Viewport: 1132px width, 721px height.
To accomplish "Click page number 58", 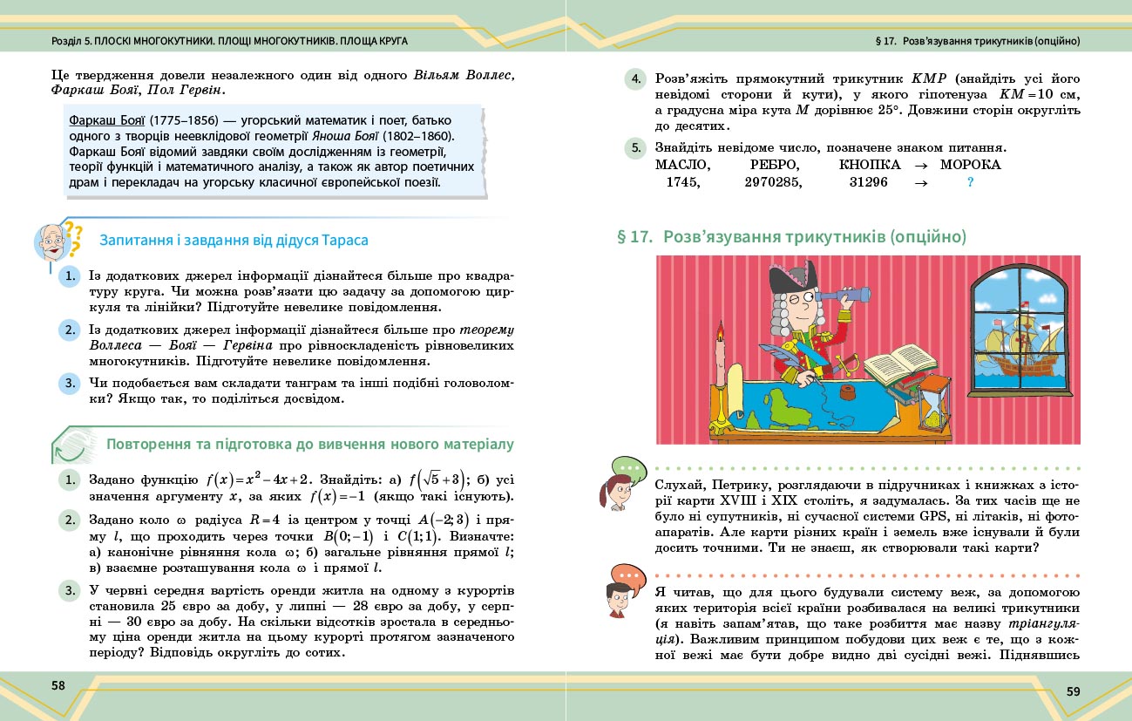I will point(58,685).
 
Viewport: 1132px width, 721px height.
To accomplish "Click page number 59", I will point(1074,691).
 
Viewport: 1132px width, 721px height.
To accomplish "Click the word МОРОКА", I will point(971,164).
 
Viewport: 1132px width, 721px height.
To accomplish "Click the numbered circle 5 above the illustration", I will point(636,148).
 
